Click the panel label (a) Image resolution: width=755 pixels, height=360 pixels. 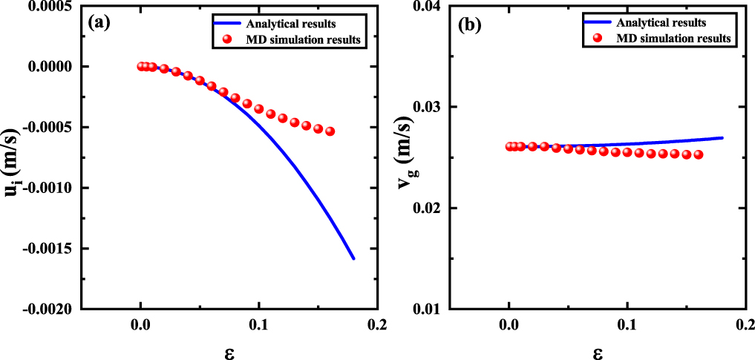click(99, 22)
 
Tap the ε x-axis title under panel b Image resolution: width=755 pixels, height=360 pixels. click(598, 347)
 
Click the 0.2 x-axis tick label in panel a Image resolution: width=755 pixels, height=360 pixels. click(377, 324)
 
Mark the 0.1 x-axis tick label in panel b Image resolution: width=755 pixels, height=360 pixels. click(627, 324)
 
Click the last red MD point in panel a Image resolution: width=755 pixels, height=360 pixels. click(330, 131)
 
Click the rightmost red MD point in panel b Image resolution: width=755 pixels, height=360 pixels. click(698, 155)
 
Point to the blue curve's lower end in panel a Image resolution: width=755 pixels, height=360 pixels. click(354, 258)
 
